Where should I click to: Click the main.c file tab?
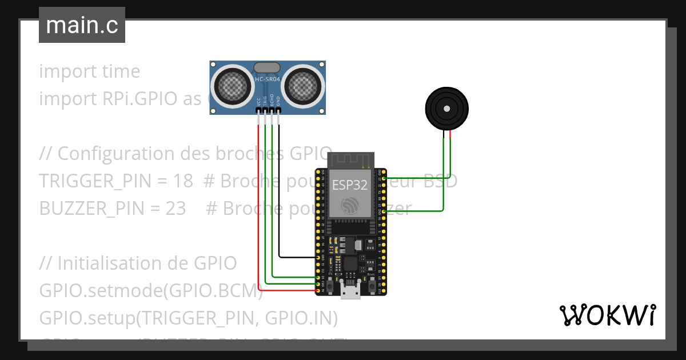[x=82, y=26]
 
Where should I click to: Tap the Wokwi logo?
[x=607, y=315]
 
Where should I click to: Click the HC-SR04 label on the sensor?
[x=267, y=79]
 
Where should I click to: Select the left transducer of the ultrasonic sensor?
[x=233, y=86]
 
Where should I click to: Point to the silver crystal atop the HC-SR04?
[x=267, y=68]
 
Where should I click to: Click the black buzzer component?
[x=446, y=108]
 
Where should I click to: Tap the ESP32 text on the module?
[x=349, y=184]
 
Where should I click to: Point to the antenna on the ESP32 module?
[x=350, y=160]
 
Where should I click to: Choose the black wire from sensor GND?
[x=279, y=194]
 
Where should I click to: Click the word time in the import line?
[x=121, y=71]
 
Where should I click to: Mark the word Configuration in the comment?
[x=112, y=154]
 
